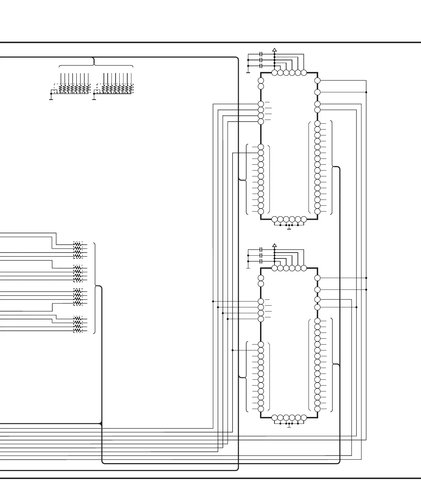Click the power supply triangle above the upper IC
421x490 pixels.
(x=274, y=50)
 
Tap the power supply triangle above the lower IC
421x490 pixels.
(x=274, y=245)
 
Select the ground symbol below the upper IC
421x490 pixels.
(x=289, y=228)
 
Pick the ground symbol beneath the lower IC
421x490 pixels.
(x=289, y=427)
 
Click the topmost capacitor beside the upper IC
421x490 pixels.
(x=261, y=54)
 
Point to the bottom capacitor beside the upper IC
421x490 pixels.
(x=261, y=65)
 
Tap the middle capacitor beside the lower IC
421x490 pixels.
(x=261, y=255)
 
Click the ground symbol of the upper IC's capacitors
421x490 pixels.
(x=248, y=72)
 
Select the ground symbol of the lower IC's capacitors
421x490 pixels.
(x=248, y=268)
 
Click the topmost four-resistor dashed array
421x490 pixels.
(x=78, y=250)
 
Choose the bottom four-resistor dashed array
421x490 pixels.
(x=78, y=325)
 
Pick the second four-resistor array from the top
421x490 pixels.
(x=78, y=274)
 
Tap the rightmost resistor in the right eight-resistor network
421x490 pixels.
(x=131, y=89)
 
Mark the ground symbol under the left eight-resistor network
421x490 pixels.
(x=51, y=99)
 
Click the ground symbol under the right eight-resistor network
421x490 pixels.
(x=94, y=99)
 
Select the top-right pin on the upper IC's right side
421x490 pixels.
(x=317, y=81)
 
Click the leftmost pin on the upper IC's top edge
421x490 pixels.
(x=274, y=73)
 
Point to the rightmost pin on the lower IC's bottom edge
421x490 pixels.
(x=303, y=418)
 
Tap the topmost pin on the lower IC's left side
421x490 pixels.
(x=261, y=278)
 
